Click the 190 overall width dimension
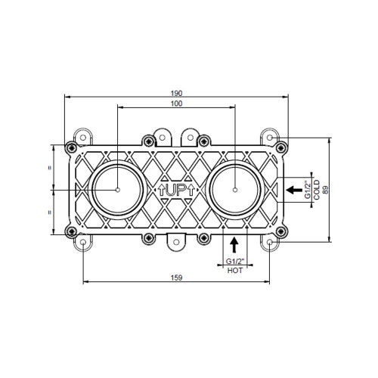pyautogui.click(x=177, y=93)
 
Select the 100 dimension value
pyautogui.click(x=177, y=104)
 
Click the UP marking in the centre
pyautogui.click(x=176, y=190)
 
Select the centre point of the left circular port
pyautogui.click(x=118, y=190)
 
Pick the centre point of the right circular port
pyautogui.click(x=236, y=190)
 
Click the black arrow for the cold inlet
pyautogui.click(x=290, y=190)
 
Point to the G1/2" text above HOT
pyautogui.click(x=235, y=262)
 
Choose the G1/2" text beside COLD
pyautogui.click(x=307, y=190)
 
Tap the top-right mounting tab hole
pyautogui.click(x=271, y=138)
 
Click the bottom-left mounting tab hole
pyautogui.click(x=82, y=242)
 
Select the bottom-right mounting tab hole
pyautogui.click(x=271, y=242)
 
